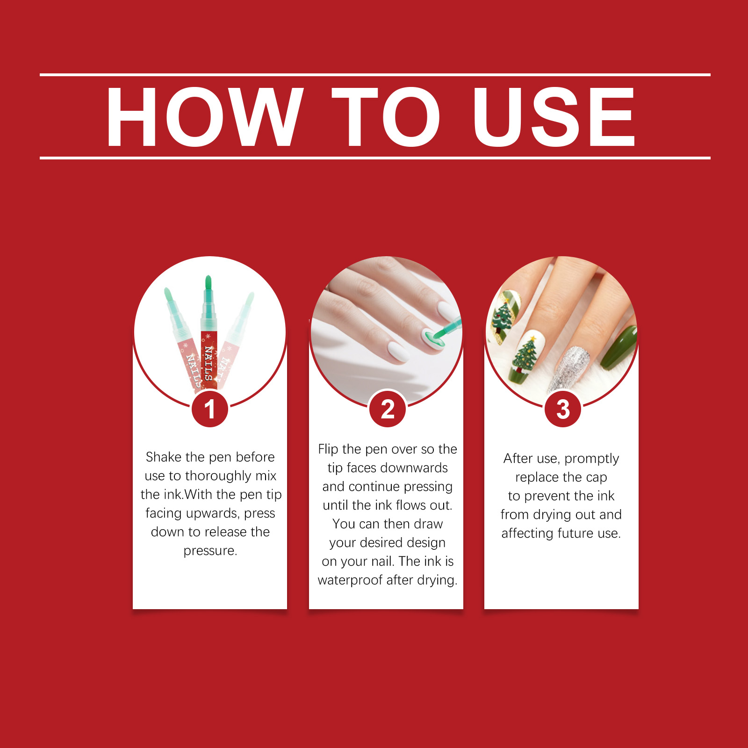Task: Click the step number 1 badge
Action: click(x=210, y=409)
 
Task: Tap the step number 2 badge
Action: click(x=388, y=409)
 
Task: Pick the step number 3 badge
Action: click(x=563, y=409)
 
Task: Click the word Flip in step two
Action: click(x=328, y=449)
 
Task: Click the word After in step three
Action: click(x=517, y=459)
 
